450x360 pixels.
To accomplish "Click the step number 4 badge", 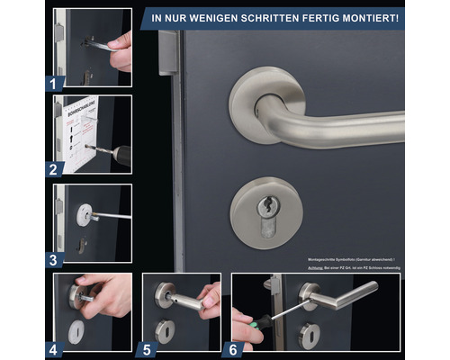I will point(54,348).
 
